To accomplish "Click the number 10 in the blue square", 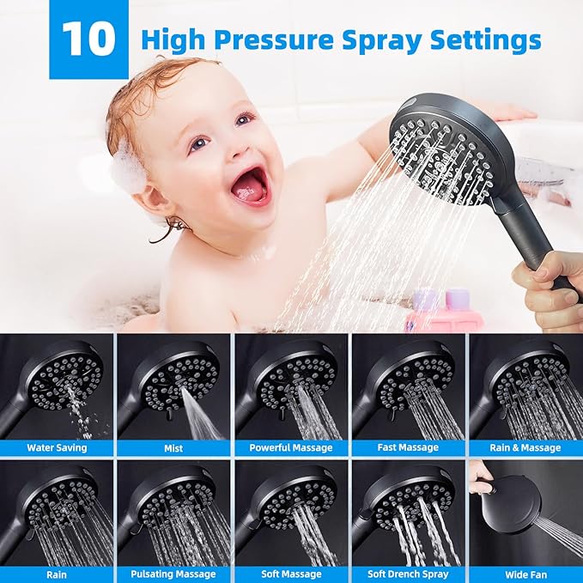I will coord(88,39).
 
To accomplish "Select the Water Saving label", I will coord(57,447).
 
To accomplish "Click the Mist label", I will coord(173,447).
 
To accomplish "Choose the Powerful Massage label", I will coord(290,447).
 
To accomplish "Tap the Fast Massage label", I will coord(408,447).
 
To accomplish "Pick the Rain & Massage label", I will coord(525,447).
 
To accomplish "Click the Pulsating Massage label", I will coord(173,574).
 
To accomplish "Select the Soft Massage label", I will coord(290,574).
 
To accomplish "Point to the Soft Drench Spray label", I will coord(408,574).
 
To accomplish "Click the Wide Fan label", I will coord(525,574).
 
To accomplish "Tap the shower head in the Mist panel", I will coord(172,377).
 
